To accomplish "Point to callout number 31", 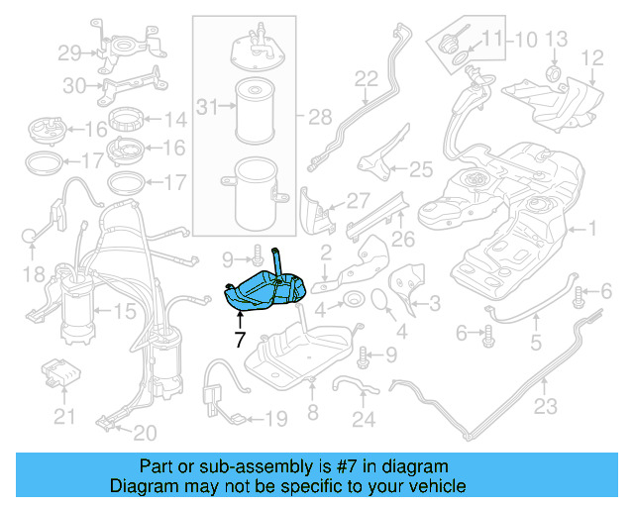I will tap(205, 106).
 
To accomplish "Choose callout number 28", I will tap(320, 118).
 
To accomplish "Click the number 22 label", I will tap(367, 78).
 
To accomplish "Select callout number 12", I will tap(591, 57).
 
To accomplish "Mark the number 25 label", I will tap(421, 169).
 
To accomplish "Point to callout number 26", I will tap(402, 238).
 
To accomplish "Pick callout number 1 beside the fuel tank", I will tap(592, 230).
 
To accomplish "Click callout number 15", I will tap(125, 313).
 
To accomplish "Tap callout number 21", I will tap(64, 417).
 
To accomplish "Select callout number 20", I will tap(145, 433).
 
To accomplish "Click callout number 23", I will tap(546, 405).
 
